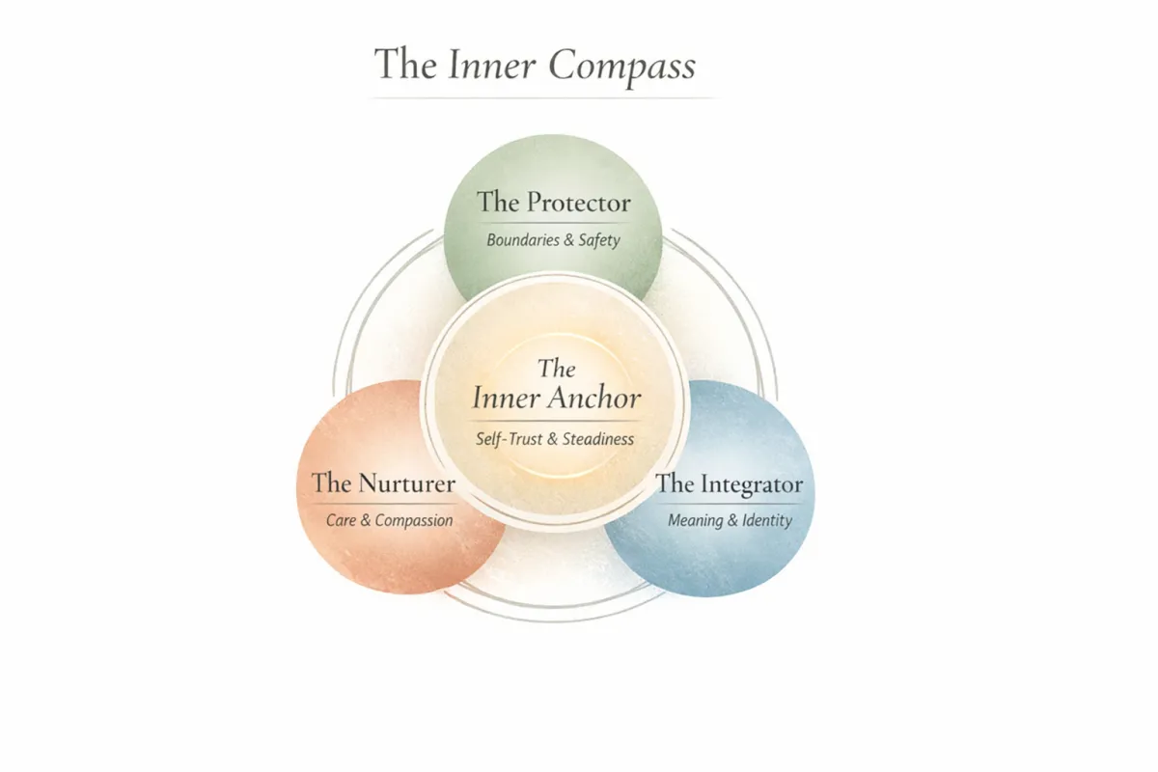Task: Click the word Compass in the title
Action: click(622, 66)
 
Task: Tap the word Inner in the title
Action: click(493, 65)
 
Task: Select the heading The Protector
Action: click(553, 203)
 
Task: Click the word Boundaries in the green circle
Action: click(522, 240)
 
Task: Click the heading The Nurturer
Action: click(383, 482)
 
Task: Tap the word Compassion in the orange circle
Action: click(414, 521)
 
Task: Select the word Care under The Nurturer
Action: click(341, 521)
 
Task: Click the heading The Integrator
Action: click(730, 483)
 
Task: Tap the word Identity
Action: click(767, 521)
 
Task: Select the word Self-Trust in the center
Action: click(509, 439)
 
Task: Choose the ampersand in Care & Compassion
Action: click(366, 521)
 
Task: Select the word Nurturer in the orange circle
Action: click(405, 482)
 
